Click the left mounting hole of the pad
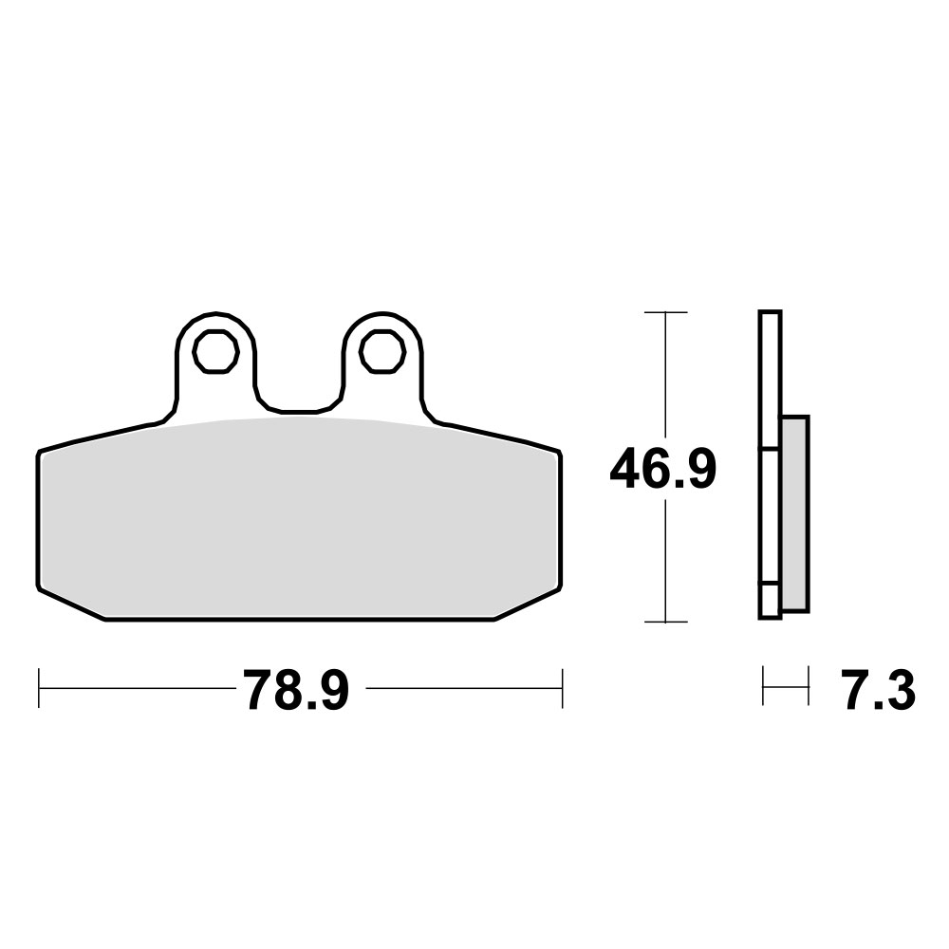(x=215, y=351)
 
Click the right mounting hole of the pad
(x=381, y=351)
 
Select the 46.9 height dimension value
(x=662, y=470)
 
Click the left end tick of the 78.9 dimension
(x=39, y=688)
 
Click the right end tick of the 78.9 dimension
(x=563, y=688)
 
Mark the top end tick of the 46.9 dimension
(x=665, y=312)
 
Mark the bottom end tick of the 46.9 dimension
(x=665, y=623)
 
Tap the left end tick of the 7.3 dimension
(x=764, y=686)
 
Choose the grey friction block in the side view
(x=794, y=512)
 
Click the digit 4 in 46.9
(x=627, y=471)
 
